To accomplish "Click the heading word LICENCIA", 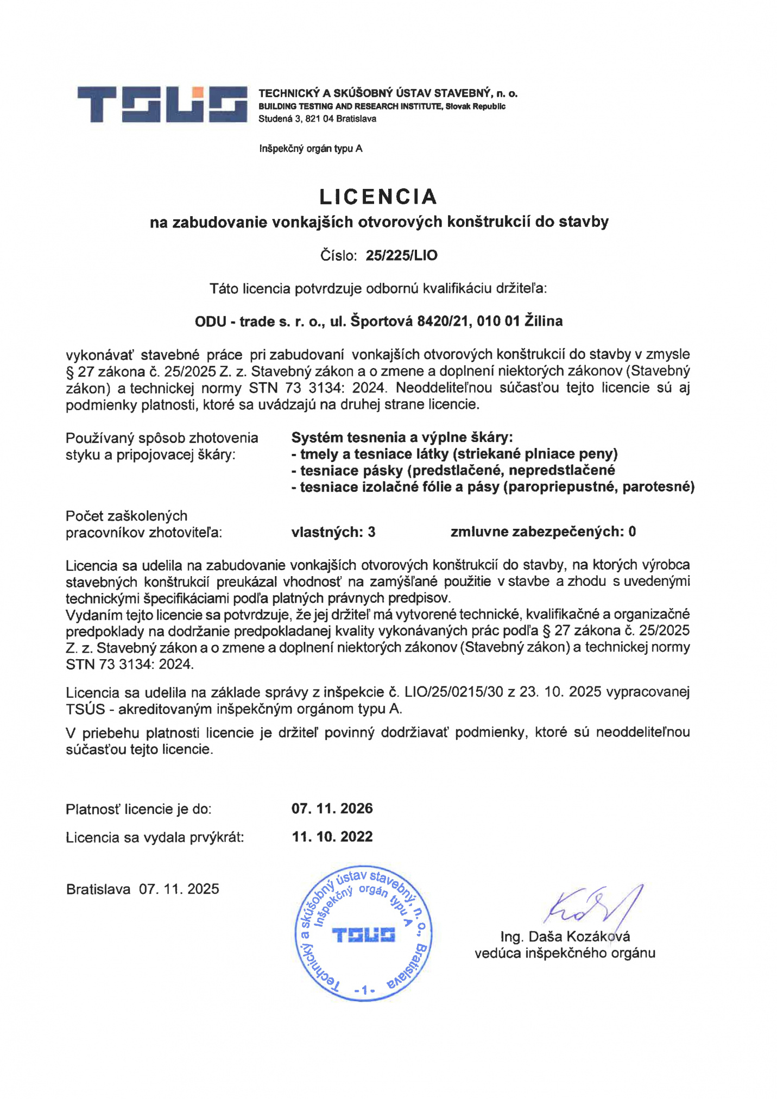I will (x=378, y=197).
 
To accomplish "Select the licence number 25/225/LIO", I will (x=401, y=255).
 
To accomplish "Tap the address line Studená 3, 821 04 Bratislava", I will (x=317, y=119).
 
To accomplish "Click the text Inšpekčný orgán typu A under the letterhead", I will (x=311, y=149).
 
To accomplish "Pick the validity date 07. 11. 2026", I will (x=332, y=809).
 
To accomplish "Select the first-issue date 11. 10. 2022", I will (x=332, y=837).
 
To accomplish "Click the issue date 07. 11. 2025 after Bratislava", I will (x=179, y=889).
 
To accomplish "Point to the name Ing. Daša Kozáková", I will (x=565, y=937).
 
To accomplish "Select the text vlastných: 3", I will (x=333, y=532).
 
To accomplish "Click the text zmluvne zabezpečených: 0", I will (x=542, y=532).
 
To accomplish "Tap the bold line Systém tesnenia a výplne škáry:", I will (x=402, y=438).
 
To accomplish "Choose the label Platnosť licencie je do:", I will (x=138, y=810).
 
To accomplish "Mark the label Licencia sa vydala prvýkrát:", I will (x=155, y=838).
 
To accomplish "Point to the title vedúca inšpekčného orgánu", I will (x=565, y=953).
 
